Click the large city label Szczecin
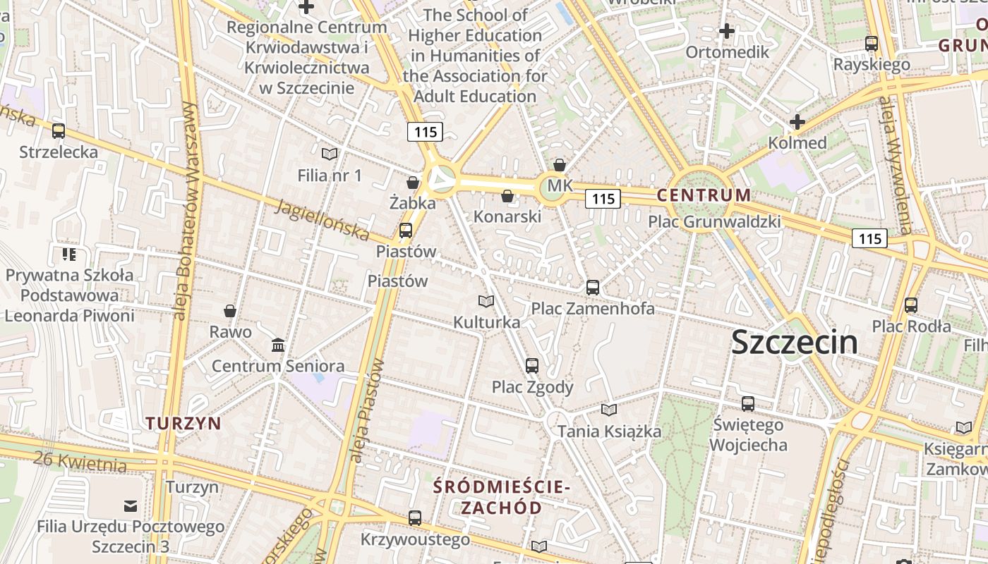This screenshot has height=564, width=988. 794,343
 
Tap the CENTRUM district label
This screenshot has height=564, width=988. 704,195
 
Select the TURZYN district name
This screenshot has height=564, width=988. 183,423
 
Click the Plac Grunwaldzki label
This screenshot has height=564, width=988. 714,221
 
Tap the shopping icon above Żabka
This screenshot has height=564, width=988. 413,183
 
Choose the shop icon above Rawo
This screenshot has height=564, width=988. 229,311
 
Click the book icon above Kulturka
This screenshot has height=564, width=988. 486,302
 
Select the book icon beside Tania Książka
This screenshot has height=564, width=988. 608,410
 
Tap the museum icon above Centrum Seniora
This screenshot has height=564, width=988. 278,345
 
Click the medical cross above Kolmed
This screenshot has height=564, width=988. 797,122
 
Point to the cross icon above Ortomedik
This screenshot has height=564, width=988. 726,31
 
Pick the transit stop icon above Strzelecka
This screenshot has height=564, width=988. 59,131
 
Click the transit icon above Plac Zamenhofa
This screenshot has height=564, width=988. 592,288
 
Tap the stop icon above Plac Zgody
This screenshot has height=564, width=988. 532,366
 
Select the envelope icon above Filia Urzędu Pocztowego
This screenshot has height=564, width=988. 131,505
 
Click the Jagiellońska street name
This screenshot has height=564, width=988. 322,219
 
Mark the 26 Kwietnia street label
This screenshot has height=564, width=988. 80,462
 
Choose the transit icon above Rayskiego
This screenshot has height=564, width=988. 872,44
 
